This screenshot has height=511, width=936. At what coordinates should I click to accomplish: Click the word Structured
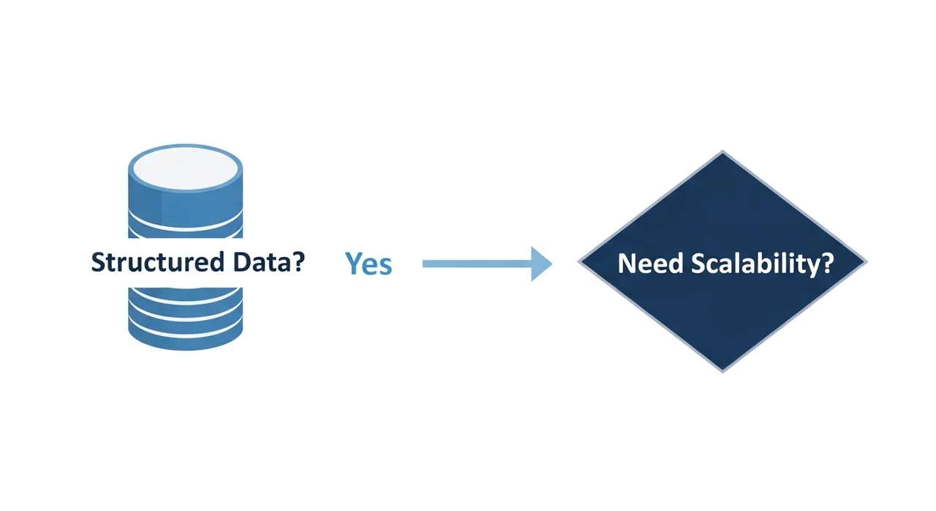tap(156, 262)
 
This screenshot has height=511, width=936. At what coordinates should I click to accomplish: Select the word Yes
tap(369, 264)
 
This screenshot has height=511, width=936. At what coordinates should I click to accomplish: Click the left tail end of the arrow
tap(425, 264)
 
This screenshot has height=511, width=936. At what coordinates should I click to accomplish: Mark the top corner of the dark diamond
tap(722, 152)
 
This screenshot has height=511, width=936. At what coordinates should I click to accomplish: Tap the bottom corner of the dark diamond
tap(722, 371)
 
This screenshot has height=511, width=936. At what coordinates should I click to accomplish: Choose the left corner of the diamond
tap(580, 262)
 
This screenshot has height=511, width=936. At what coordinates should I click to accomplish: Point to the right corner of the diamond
tap(866, 262)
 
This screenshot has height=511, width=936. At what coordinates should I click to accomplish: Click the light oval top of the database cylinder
tap(185, 168)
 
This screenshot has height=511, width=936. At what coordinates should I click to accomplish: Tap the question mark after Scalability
tap(826, 263)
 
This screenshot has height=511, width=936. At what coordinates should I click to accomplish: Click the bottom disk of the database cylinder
tap(185, 333)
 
